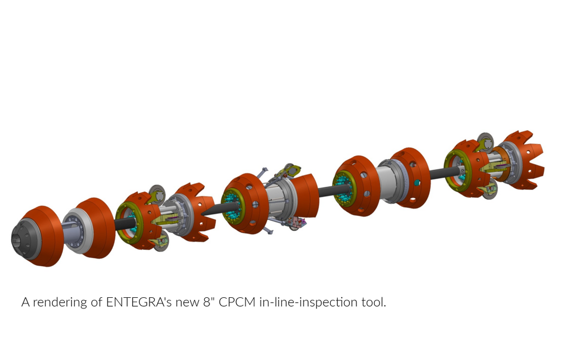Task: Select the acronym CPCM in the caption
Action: coord(236,302)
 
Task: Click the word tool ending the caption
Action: coord(374,302)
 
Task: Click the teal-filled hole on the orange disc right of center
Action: coord(418,182)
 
